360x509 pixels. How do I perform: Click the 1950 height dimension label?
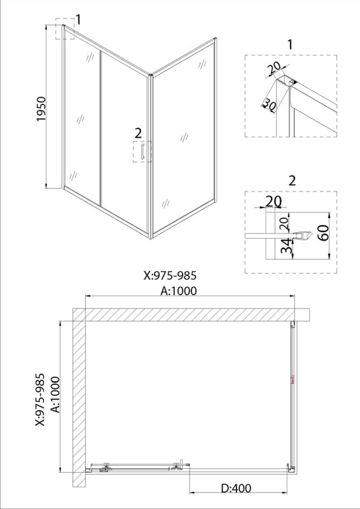[x=42, y=109]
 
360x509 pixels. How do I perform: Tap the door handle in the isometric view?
[x=142, y=151]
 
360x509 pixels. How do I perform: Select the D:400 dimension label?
[x=236, y=488]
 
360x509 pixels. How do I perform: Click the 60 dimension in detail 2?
[x=324, y=232]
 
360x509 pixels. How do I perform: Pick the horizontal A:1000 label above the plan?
[x=179, y=291]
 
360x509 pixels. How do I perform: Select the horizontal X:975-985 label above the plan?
[x=170, y=275]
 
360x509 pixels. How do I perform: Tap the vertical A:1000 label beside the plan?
[x=55, y=394]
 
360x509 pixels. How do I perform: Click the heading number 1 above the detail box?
[x=289, y=45]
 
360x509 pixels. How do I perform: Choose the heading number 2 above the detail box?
[x=292, y=181]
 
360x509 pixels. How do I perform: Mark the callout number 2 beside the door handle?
[x=138, y=133]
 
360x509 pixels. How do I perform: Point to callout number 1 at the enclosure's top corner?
[x=78, y=20]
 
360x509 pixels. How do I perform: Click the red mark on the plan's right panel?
[x=293, y=380]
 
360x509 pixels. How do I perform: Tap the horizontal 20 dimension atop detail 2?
[x=273, y=202]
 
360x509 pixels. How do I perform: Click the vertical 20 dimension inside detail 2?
[x=284, y=224]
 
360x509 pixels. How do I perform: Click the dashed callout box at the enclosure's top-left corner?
[x=65, y=29]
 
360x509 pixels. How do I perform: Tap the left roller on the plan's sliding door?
[x=105, y=467]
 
